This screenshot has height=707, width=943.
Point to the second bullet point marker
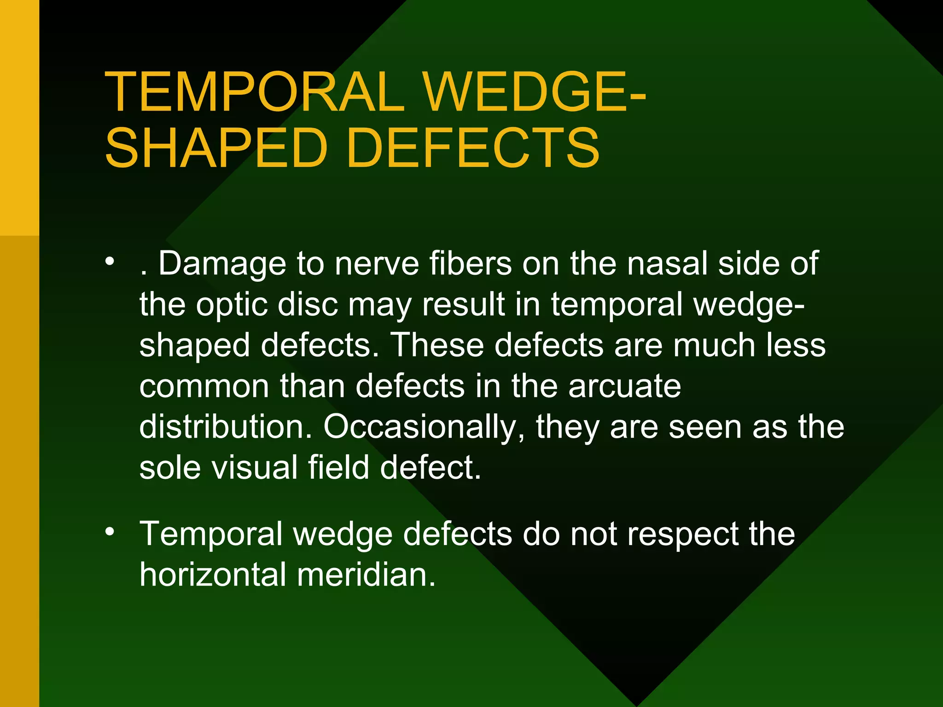109,532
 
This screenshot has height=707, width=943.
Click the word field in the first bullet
338,468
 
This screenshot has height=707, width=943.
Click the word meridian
366,575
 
